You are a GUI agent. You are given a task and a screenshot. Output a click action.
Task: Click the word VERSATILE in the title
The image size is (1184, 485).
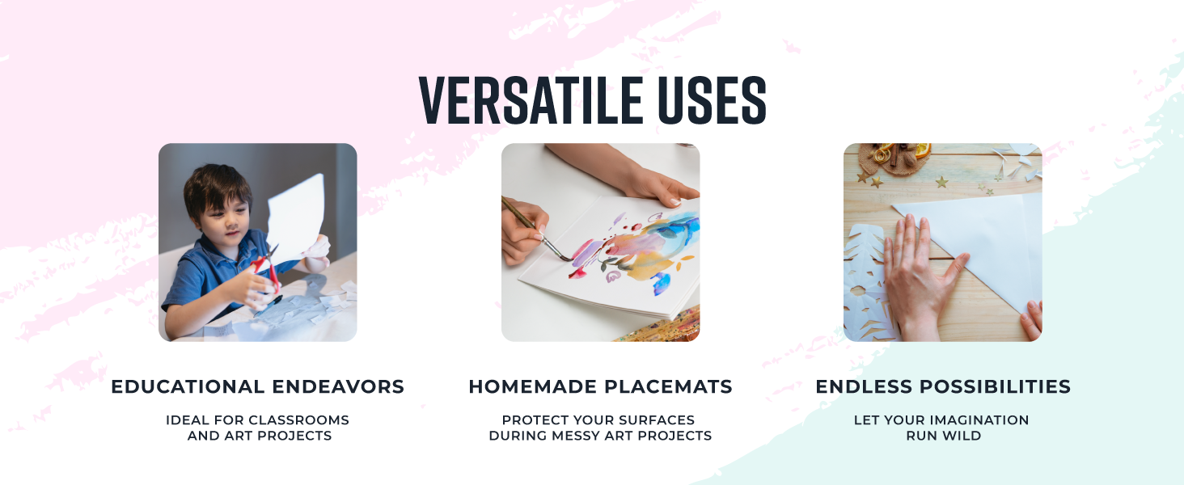[x=531, y=100]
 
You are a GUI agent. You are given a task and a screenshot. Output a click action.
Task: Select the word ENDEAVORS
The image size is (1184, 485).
[x=338, y=386]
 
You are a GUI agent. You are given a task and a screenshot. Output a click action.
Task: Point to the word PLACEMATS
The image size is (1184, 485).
[x=667, y=386]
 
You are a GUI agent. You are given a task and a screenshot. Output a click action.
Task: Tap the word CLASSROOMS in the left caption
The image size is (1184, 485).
[x=298, y=420]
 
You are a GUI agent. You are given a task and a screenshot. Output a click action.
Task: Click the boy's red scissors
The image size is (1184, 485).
[x=269, y=269]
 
